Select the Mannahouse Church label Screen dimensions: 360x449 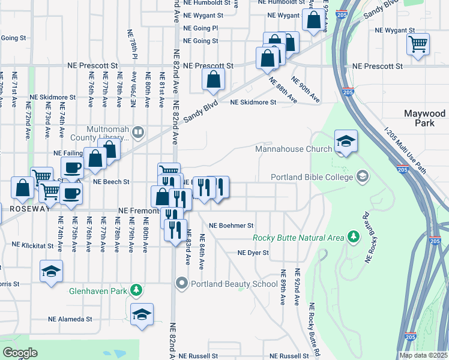[x=294, y=149]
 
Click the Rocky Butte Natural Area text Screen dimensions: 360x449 [x=298, y=238]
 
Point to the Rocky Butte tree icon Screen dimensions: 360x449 [x=354, y=237]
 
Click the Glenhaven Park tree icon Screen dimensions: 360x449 [x=137, y=290]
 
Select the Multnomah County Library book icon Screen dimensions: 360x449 [x=138, y=131]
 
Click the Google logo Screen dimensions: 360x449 [x=20, y=353]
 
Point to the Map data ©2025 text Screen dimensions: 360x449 [x=423, y=355]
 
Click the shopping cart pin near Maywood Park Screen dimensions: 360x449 [x=418, y=44]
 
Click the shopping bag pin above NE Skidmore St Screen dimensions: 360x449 [x=213, y=80]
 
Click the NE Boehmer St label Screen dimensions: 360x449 [x=232, y=226]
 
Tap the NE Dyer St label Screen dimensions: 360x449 [x=252, y=253]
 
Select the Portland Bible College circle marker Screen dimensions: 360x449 [x=362, y=177]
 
